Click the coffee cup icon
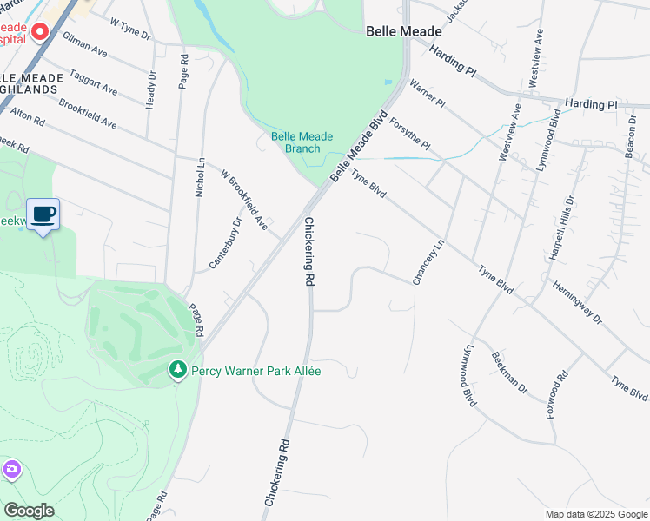[43, 214]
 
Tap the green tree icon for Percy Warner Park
[178, 371]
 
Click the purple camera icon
[11, 470]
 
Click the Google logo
[29, 511]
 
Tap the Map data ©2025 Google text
[597, 514]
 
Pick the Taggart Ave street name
[93, 82]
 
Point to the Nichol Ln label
[200, 176]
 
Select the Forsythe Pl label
[409, 134]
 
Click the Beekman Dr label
[509, 373]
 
